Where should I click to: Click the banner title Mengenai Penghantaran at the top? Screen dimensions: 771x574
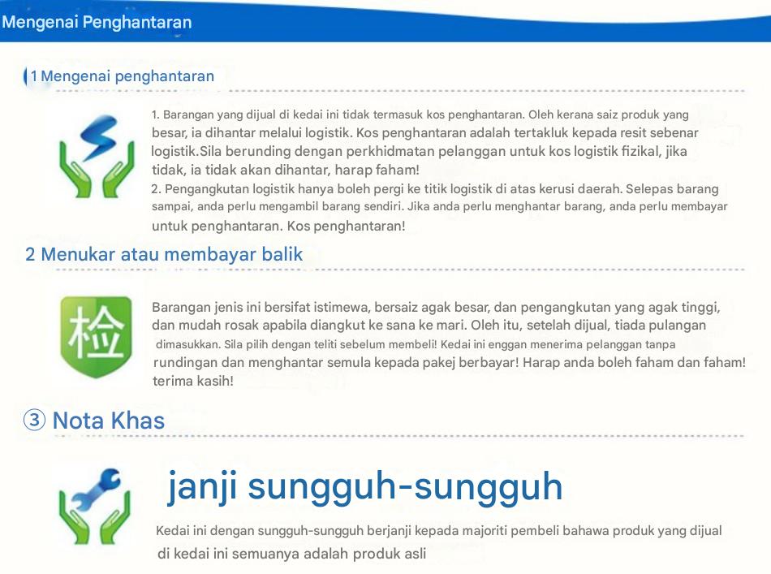tap(97, 23)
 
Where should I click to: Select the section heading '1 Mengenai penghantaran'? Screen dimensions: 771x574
tap(123, 76)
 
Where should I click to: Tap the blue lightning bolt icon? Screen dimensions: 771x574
tap(99, 136)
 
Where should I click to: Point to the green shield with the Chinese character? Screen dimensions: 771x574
tap(96, 336)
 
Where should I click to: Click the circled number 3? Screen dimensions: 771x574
tap(34, 420)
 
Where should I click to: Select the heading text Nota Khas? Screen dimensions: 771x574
tap(109, 421)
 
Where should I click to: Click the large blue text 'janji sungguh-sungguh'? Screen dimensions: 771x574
tap(365, 487)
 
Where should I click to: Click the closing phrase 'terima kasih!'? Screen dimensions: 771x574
tap(193, 381)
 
